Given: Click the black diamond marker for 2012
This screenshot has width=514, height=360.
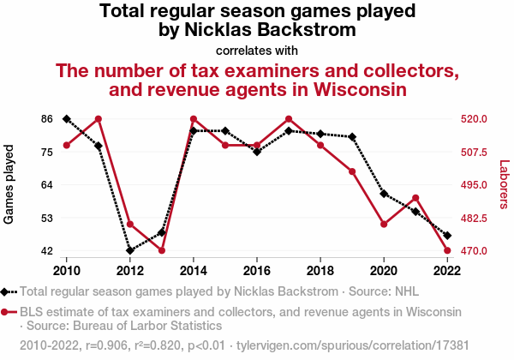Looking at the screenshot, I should (130, 250).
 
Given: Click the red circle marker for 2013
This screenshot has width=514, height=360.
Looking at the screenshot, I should (162, 250).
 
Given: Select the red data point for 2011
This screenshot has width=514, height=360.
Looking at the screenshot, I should (99, 119).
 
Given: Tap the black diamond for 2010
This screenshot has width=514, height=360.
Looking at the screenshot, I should (67, 119).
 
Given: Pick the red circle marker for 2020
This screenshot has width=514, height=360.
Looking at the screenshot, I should (384, 225).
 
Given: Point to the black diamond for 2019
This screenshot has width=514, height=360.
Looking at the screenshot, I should (352, 137).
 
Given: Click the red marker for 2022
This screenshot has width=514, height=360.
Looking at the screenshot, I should (447, 250).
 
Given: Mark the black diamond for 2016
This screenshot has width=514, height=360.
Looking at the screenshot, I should (257, 152).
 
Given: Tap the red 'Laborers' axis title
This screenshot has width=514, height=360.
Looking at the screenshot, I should (504, 184).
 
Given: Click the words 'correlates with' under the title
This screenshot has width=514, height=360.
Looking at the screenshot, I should (257, 51).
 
